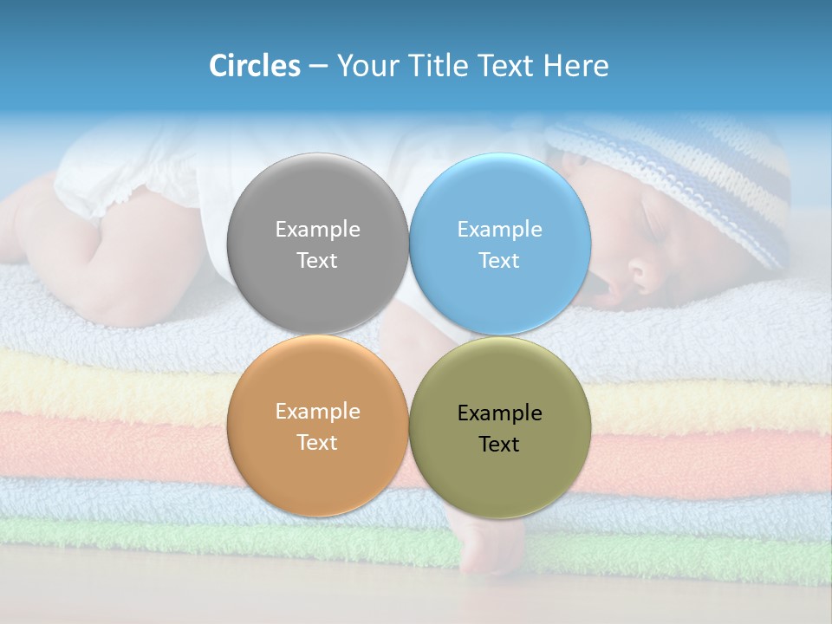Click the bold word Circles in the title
pyautogui.click(x=255, y=66)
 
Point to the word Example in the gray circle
pyautogui.click(x=317, y=230)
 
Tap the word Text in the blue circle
pyautogui.click(x=499, y=261)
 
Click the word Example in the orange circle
pyautogui.click(x=317, y=412)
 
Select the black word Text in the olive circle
pyautogui.click(x=499, y=445)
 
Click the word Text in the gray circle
pyautogui.click(x=317, y=261)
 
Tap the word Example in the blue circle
pyautogui.click(x=499, y=230)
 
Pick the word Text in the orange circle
pyautogui.click(x=317, y=443)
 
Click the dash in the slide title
pyautogui.click(x=318, y=67)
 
